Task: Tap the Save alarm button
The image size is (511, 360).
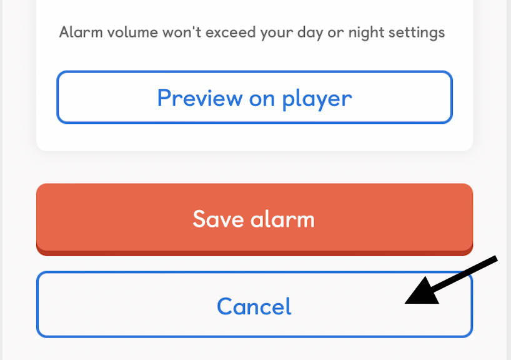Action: coord(254,219)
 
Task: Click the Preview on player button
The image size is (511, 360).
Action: coord(254,97)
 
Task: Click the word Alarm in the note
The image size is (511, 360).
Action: coord(81,32)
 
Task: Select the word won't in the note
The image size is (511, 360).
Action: coord(182,32)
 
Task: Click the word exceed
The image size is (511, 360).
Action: coord(231,32)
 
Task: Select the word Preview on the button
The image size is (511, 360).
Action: coord(200,98)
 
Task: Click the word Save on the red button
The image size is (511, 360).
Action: coord(218,219)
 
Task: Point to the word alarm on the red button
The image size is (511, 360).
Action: coord(282,219)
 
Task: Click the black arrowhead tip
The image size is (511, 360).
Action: coord(405,303)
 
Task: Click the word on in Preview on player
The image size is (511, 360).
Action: coord(262,99)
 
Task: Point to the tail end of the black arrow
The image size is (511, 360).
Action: coord(497,258)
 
